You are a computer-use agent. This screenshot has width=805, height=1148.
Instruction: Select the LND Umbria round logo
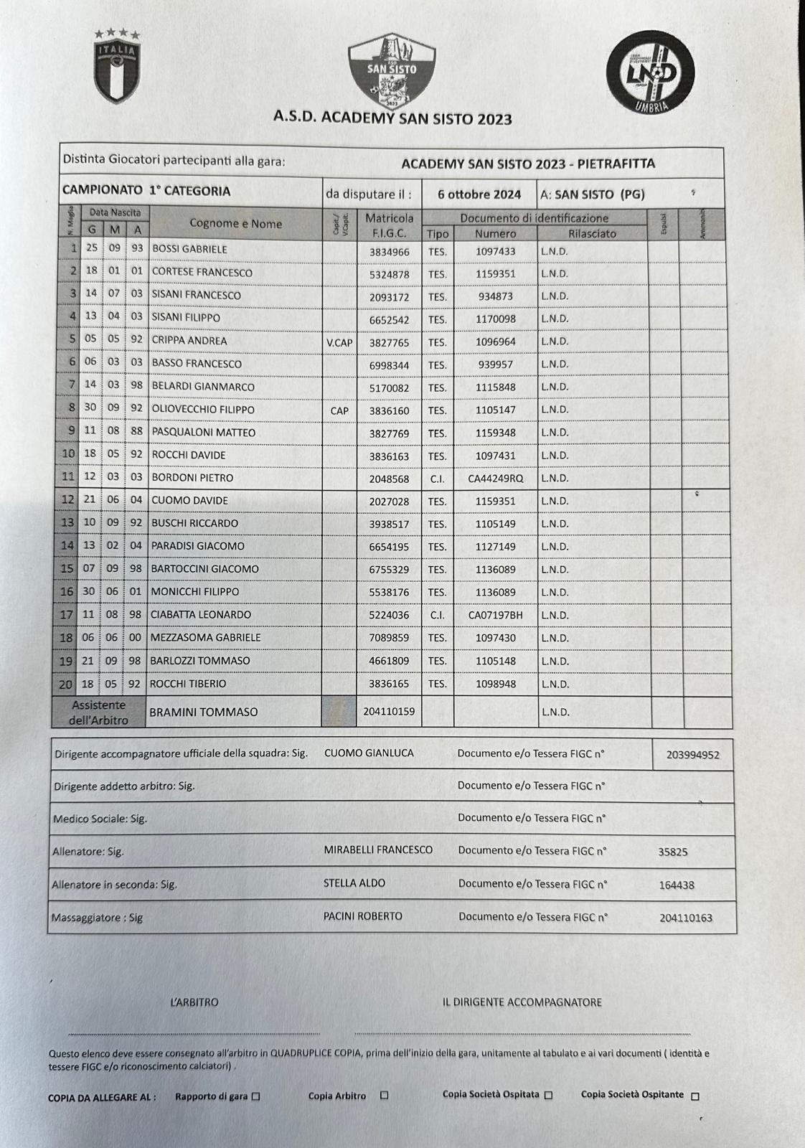pyautogui.click(x=650, y=71)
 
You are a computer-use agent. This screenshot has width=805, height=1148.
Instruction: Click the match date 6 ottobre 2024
pyautogui.click(x=479, y=194)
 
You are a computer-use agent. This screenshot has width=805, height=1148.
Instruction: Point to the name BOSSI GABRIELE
pyautogui.click(x=189, y=249)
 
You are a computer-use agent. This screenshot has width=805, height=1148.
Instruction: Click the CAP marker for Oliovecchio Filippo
pyautogui.click(x=339, y=410)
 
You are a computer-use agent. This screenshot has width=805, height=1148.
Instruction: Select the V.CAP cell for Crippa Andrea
pyautogui.click(x=339, y=343)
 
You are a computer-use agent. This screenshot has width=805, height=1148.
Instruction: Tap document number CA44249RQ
pyautogui.click(x=495, y=478)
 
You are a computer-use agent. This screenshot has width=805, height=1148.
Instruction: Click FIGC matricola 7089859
pyautogui.click(x=389, y=637)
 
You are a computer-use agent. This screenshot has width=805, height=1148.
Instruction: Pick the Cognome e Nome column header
pyautogui.click(x=235, y=223)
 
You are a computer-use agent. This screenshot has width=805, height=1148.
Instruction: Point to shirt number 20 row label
pyautogui.click(x=65, y=684)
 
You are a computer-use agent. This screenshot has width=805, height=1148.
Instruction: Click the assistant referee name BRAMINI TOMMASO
pyautogui.click(x=203, y=712)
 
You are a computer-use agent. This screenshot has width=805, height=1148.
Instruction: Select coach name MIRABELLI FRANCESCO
pyautogui.click(x=378, y=850)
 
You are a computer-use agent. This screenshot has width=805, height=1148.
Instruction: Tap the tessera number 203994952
pyautogui.click(x=692, y=755)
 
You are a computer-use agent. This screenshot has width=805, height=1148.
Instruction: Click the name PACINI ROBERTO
pyautogui.click(x=362, y=916)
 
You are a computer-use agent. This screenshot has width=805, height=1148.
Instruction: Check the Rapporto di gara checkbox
pyautogui.click(x=256, y=1096)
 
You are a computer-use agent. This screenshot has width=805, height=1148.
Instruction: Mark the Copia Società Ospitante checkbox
pyautogui.click(x=695, y=1096)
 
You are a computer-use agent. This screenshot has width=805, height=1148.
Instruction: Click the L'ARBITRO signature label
pyautogui.click(x=194, y=1002)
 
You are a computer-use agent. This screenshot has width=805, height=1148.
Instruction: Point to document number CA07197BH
pyautogui.click(x=495, y=615)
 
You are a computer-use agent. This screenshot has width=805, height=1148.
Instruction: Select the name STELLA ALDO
pyautogui.click(x=354, y=883)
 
